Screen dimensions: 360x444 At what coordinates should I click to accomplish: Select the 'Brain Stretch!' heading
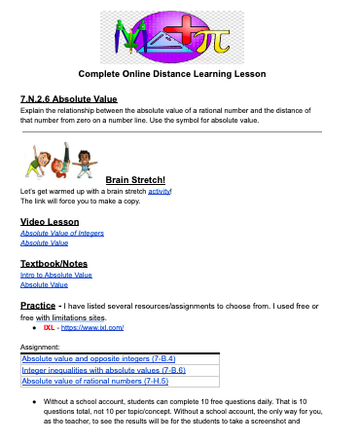(x=135, y=179)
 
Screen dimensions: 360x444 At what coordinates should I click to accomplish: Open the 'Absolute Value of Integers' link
(x=62, y=234)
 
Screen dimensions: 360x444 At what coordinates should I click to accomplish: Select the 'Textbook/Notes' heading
(x=54, y=263)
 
